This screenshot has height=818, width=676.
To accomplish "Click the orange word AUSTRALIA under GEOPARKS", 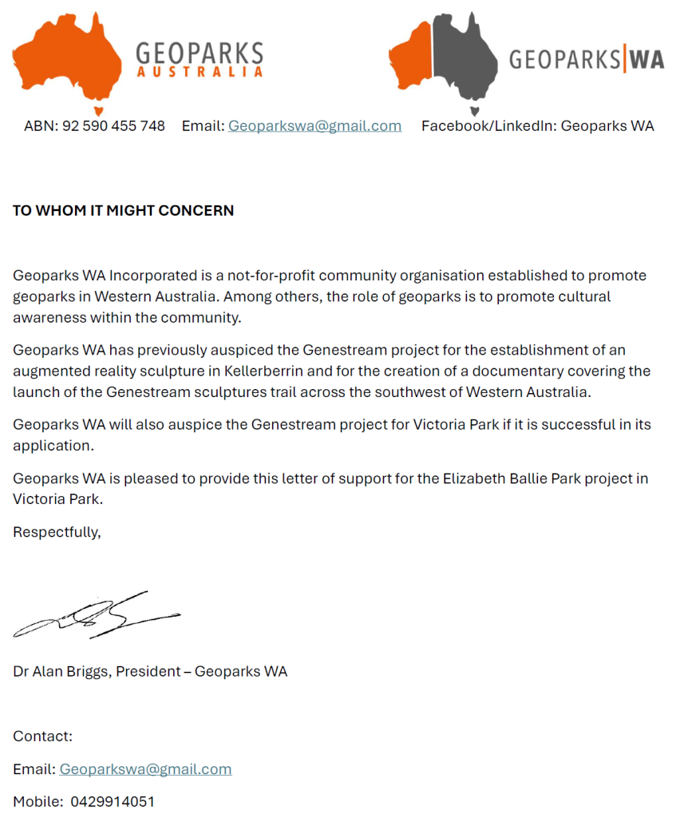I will tap(200, 72).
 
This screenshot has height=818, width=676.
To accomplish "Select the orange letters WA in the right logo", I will tap(646, 60).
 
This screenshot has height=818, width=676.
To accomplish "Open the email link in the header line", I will tap(314, 126).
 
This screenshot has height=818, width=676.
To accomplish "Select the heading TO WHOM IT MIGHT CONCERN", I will tap(124, 211).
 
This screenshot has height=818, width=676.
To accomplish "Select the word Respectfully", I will tap(57, 532).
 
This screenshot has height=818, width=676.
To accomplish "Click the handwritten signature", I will tap(96, 617).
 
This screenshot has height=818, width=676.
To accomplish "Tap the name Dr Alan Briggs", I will tap(61, 671).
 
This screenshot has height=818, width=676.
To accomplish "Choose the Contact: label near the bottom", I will tap(42, 736).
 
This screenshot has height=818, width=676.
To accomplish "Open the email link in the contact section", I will tap(145, 769).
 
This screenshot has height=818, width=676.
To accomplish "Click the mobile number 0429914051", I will tap(113, 801).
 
